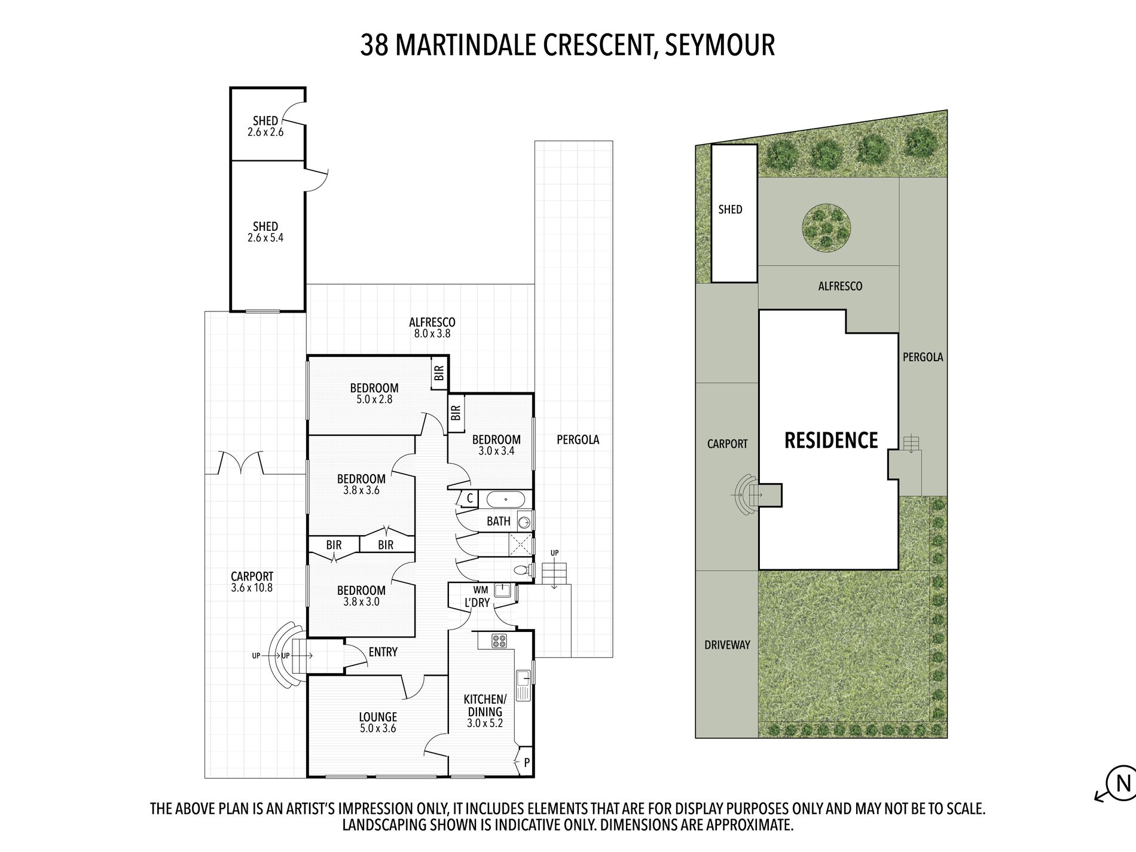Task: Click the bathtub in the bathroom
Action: click(505, 499)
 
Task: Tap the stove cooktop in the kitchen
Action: click(499, 641)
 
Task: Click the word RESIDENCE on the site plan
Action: click(830, 441)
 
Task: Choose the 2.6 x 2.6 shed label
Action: click(265, 126)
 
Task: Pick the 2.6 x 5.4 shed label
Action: click(265, 232)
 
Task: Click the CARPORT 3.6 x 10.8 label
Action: click(252, 582)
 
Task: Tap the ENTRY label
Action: click(383, 652)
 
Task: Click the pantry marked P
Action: click(526, 762)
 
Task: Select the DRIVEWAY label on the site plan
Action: click(727, 645)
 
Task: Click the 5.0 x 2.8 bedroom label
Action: click(374, 393)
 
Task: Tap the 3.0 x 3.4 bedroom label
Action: click(496, 445)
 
